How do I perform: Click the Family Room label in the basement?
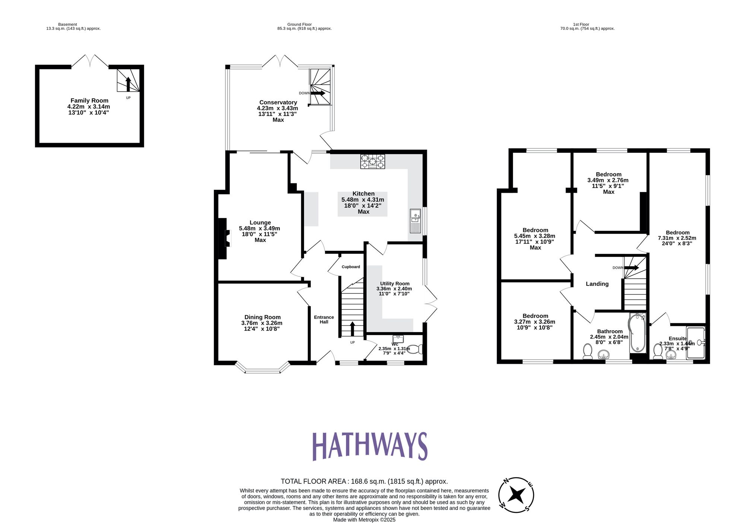pos(89,101)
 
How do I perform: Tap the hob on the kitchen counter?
pos(372,162)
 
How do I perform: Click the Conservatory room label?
pos(278,103)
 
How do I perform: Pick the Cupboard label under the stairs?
pos(351,267)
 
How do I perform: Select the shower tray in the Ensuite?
pos(696,343)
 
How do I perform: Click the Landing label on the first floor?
pos(597,284)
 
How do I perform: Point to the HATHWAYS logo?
pos(370,446)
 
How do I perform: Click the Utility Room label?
pos(394,284)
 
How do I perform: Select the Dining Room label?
pos(262,317)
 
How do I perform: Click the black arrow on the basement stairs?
pos(128,84)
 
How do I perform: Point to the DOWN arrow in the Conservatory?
pos(317,93)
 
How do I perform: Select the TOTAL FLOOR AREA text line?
pos(364,481)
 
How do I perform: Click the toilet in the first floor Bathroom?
pos(588,351)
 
